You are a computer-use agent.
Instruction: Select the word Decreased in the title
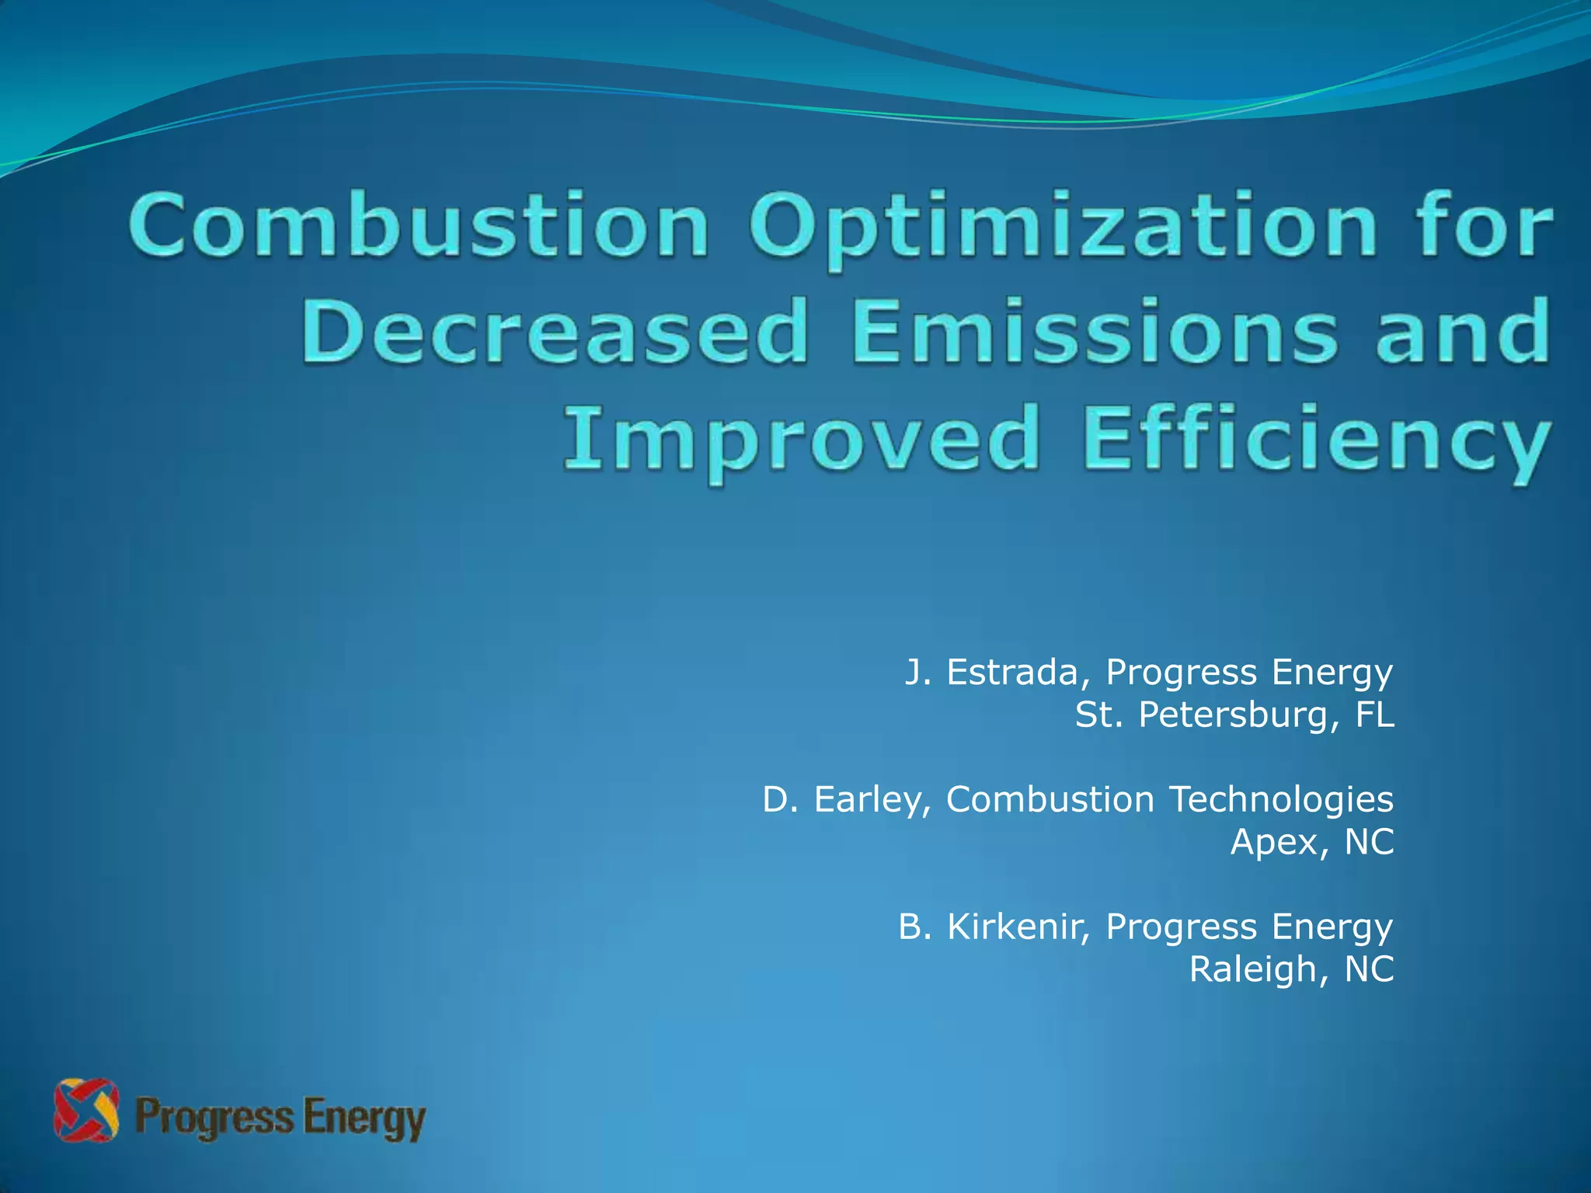555,334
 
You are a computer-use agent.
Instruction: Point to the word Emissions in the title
1094,334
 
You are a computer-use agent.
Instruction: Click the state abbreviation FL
1374,715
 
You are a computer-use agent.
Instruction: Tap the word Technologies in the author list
1281,800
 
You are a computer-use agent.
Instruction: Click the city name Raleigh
1250,970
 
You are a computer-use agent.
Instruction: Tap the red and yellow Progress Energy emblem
86,1110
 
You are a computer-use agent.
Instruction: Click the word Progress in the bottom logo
214,1119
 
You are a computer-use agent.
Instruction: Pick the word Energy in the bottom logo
364,1119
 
